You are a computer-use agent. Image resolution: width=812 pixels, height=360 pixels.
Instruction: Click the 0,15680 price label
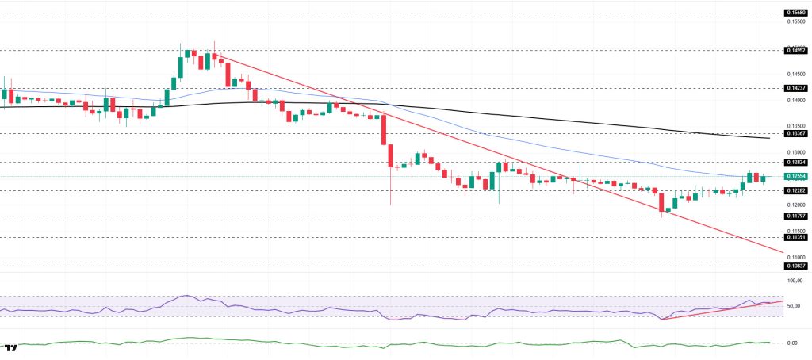[795, 13]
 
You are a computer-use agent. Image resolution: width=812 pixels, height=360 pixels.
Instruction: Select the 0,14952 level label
[795, 50]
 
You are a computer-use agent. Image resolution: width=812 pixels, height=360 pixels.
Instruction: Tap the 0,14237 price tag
[795, 88]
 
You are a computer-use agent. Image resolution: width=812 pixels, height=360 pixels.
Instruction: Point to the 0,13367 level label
[795, 134]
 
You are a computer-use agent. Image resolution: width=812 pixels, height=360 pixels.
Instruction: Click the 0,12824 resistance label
[795, 162]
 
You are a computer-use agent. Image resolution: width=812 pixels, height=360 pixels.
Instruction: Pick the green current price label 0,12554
[795, 176]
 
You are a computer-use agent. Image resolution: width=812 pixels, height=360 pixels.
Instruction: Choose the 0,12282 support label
[795, 190]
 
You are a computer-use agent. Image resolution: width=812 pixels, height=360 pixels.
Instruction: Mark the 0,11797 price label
[795, 215]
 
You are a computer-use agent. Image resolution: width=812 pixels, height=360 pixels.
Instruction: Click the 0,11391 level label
[795, 236]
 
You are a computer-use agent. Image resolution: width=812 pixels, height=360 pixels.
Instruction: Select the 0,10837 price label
[795, 266]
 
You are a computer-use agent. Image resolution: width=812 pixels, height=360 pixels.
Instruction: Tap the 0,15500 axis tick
[795, 21]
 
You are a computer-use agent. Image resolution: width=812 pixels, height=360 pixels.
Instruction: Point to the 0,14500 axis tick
[795, 75]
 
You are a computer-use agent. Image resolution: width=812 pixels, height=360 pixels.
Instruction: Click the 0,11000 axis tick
[795, 257]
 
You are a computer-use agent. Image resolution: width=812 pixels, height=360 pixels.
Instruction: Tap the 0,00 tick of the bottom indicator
[791, 343]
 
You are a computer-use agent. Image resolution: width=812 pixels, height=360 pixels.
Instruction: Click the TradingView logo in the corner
[11, 347]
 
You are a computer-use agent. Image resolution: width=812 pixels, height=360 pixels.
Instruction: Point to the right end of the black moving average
[768, 138]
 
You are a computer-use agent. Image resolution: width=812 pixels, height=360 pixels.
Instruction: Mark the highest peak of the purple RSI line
[186, 296]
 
